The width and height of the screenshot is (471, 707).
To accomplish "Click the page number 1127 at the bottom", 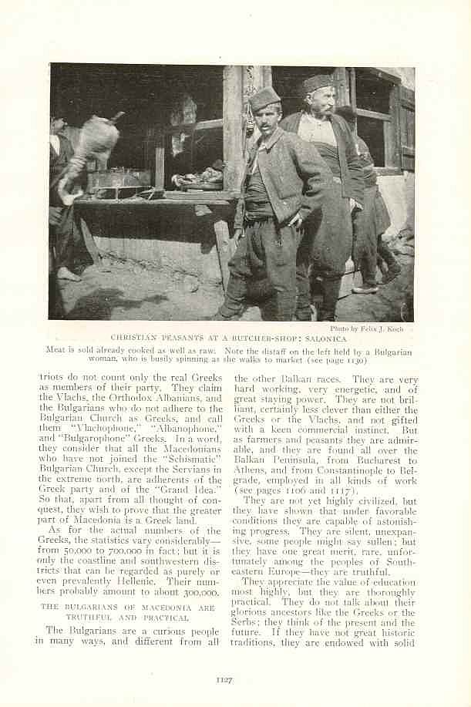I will point(224,678).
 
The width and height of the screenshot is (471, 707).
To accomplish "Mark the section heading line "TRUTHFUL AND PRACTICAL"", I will point(127,618).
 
